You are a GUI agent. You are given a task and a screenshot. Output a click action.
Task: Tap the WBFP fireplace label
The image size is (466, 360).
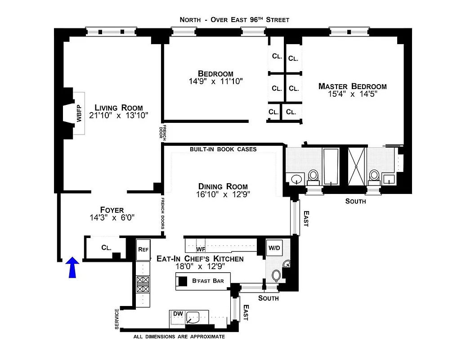[x=79, y=114]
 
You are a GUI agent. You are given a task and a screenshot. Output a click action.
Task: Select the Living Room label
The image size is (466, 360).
[x=119, y=108]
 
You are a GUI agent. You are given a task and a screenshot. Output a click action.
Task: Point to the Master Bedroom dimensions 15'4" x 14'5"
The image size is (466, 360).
[x=352, y=94]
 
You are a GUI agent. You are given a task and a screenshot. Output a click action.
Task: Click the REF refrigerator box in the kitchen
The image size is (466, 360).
[x=143, y=249]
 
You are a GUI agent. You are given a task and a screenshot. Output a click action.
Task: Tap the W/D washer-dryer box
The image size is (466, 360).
[x=273, y=247]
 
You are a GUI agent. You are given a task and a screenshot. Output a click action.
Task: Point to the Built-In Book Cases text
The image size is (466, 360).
[x=223, y=149]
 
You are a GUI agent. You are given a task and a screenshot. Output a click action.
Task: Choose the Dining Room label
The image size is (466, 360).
[x=223, y=186]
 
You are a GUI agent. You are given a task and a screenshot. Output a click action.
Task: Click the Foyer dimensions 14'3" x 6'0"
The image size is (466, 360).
[x=112, y=218]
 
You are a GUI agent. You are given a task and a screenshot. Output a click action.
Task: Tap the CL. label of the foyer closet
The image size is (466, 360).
[x=106, y=247]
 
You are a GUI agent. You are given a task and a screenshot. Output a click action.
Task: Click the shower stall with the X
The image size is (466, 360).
[x=357, y=166]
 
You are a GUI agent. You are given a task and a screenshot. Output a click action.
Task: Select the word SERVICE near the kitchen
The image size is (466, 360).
[x=117, y=319]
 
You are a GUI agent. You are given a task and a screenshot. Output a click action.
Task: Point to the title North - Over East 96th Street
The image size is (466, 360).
[x=234, y=19]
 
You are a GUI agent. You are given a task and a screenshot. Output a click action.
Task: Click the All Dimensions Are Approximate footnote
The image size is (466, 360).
[x=179, y=336]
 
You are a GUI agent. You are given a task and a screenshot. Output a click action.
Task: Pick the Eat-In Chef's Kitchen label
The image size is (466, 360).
[x=200, y=259]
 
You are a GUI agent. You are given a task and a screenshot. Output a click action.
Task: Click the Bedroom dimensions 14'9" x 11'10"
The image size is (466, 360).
[x=216, y=81]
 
